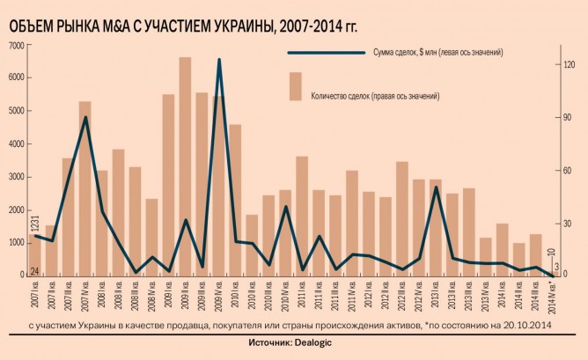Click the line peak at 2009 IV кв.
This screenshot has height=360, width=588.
219,60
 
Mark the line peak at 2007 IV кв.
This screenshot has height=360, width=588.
85,117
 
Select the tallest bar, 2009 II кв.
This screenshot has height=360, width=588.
186,167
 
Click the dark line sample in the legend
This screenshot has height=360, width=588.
324,53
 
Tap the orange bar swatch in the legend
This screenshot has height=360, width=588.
295,85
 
